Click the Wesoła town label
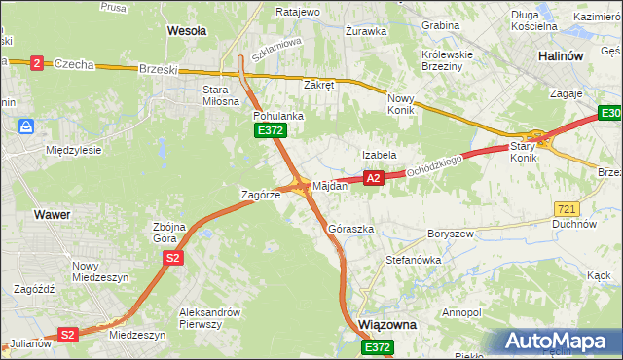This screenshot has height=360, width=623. pos(187,31)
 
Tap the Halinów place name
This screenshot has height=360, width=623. pos(561,56)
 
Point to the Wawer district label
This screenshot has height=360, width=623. pos(51,213)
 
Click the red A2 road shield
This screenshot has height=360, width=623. pos(372,178)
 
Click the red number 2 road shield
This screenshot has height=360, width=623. pos(36,63)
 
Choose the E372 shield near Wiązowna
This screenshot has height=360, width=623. pos(378,346)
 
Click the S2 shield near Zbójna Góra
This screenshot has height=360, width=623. pos(172,258)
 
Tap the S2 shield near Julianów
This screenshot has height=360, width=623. pos(66,334)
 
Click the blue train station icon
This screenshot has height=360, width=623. pos(26,126)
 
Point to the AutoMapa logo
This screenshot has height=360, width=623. pos(558,342)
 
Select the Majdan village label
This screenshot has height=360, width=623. pos(330,186)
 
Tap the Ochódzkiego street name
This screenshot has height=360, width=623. pos(436,164)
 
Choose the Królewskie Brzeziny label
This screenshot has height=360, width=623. pos(446,60)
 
